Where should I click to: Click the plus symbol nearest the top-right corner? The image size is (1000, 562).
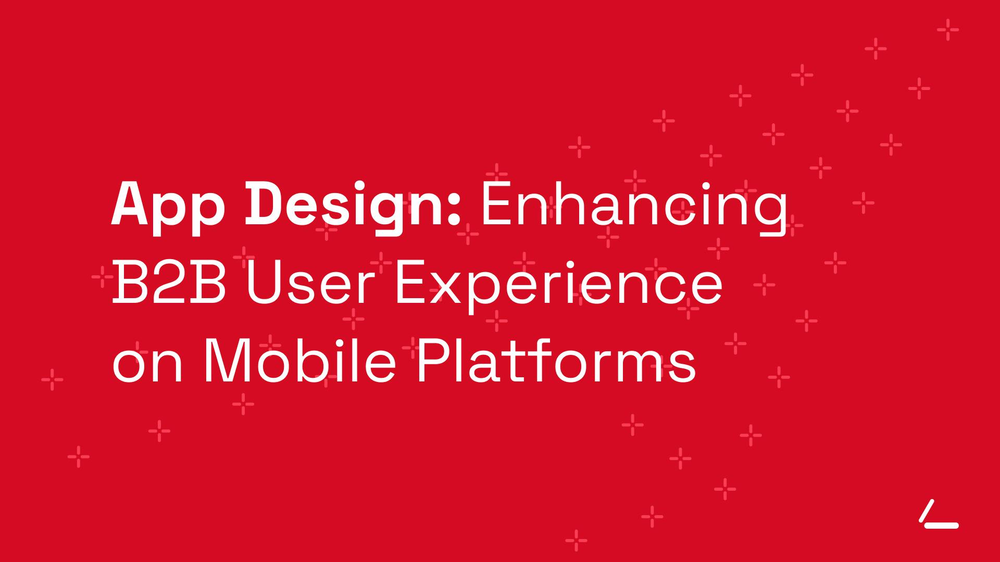tap(948, 30)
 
